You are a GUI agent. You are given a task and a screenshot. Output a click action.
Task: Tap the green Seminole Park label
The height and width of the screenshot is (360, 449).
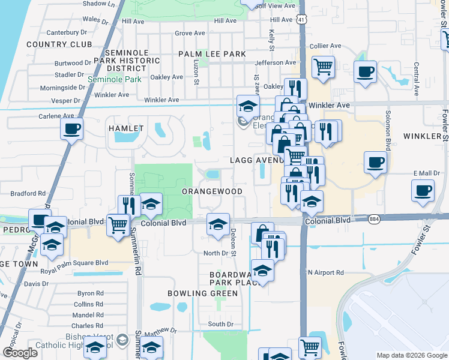point(115,79)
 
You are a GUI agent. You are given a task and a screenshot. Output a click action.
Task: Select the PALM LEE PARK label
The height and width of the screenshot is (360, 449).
point(212,54)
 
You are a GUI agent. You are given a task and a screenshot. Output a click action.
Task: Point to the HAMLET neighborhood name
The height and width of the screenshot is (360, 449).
point(126,128)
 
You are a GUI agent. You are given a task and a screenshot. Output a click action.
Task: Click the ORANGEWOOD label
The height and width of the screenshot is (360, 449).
point(212,191)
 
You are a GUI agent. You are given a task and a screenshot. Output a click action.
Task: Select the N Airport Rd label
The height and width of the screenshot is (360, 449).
point(325,272)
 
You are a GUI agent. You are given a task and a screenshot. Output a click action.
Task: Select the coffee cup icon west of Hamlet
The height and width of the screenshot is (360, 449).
point(71,128)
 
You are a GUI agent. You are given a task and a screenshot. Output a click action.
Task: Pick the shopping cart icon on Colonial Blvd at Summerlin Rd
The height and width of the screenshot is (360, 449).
point(118,224)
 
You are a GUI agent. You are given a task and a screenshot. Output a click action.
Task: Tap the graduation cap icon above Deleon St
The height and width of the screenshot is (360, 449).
point(217,224)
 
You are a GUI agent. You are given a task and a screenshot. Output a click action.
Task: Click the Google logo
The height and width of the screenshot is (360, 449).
point(20,353)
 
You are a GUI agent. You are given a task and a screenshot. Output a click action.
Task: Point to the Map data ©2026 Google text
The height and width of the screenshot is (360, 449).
point(411,355)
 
